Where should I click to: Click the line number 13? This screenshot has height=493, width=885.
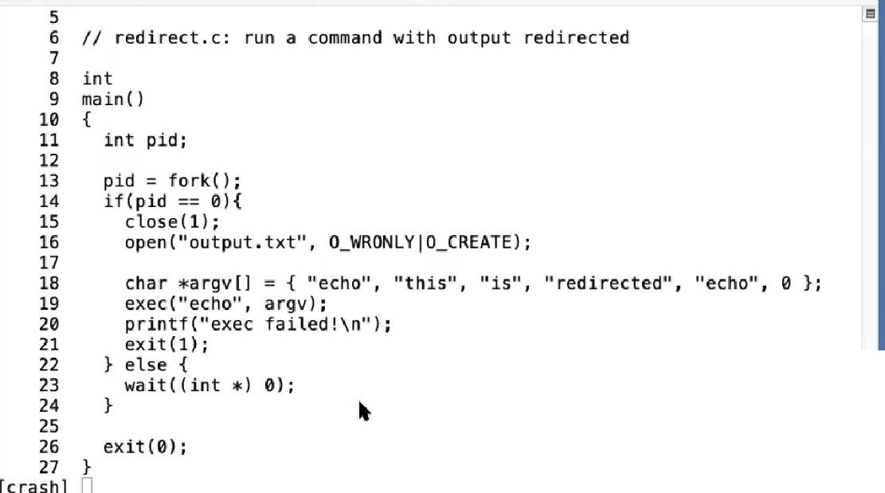click(49, 181)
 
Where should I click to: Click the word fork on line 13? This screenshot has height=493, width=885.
click(189, 181)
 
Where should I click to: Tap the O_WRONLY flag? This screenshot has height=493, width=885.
click(370, 242)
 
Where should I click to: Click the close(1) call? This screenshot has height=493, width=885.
click(171, 221)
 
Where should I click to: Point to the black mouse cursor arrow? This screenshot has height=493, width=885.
click(364, 411)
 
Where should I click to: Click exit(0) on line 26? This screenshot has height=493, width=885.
click(144, 447)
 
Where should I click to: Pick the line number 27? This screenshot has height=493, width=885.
click(49, 467)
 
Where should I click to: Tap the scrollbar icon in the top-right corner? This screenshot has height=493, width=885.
click(870, 14)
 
